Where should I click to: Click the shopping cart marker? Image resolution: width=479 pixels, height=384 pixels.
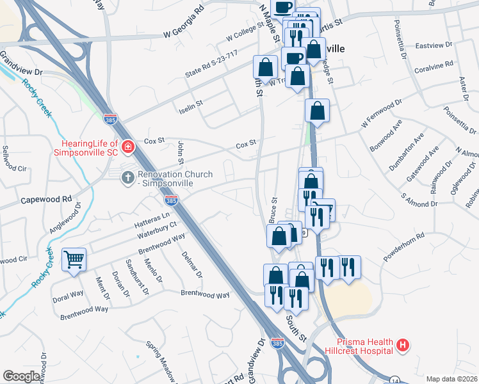click(74, 259)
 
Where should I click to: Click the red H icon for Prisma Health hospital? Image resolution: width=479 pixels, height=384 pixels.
click(403, 346)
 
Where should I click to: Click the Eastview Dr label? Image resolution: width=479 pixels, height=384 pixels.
click(434, 46)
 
